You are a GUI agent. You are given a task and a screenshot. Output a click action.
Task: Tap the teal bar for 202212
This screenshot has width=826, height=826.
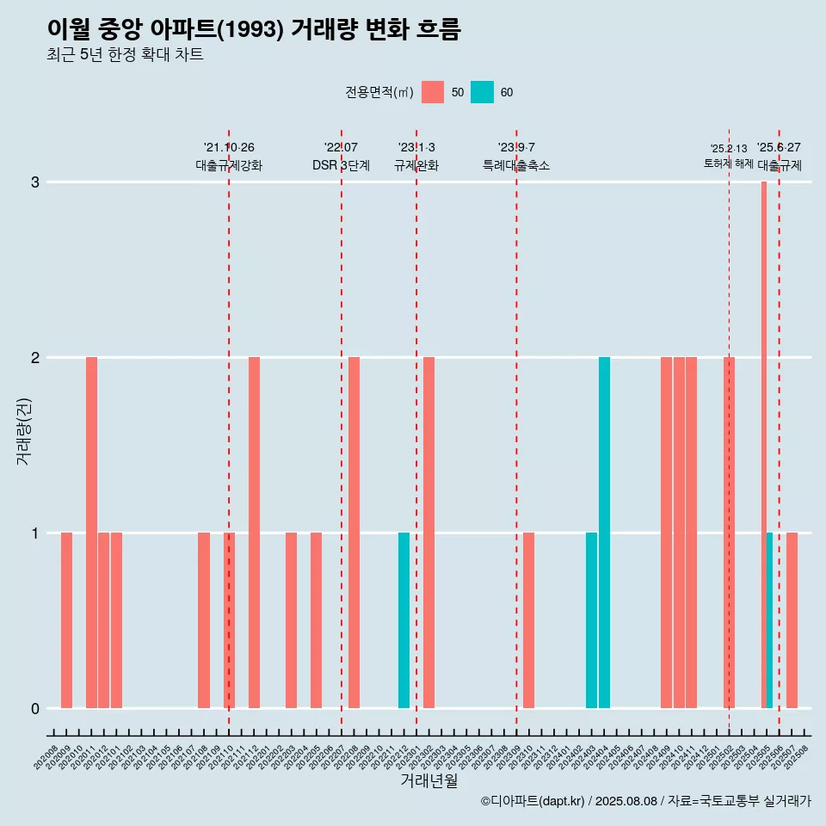coord(404,619)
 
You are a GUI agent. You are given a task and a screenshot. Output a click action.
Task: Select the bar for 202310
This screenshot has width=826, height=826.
coord(528,619)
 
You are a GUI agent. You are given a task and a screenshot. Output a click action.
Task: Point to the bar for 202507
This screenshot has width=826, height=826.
coord(792,619)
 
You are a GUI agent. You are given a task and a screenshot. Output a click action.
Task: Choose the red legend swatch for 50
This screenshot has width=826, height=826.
coord(433,92)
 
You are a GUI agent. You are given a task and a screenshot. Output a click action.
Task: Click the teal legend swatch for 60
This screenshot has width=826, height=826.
coord(482,92)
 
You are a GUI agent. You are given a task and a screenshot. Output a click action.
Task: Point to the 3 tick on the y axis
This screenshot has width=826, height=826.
coord(35,182)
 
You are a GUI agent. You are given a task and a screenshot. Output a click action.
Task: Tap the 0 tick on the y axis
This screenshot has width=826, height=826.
coord(35,709)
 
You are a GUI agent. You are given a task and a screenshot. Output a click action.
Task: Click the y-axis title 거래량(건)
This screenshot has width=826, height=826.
coord(24,430)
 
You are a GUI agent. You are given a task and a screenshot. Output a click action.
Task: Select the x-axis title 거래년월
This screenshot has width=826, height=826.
coord(428,780)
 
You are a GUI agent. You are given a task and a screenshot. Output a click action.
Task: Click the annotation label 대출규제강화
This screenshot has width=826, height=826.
coord(229,165)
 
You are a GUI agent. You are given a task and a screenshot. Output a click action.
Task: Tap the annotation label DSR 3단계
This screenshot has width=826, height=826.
coord(341,165)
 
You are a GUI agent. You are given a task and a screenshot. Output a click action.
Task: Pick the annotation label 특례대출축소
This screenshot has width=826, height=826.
coord(516,165)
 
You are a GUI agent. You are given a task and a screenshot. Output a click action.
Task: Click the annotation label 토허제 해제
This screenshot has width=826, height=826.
coord(728,163)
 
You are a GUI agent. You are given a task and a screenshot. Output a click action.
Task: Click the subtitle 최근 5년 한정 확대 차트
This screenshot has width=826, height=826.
coord(125,55)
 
